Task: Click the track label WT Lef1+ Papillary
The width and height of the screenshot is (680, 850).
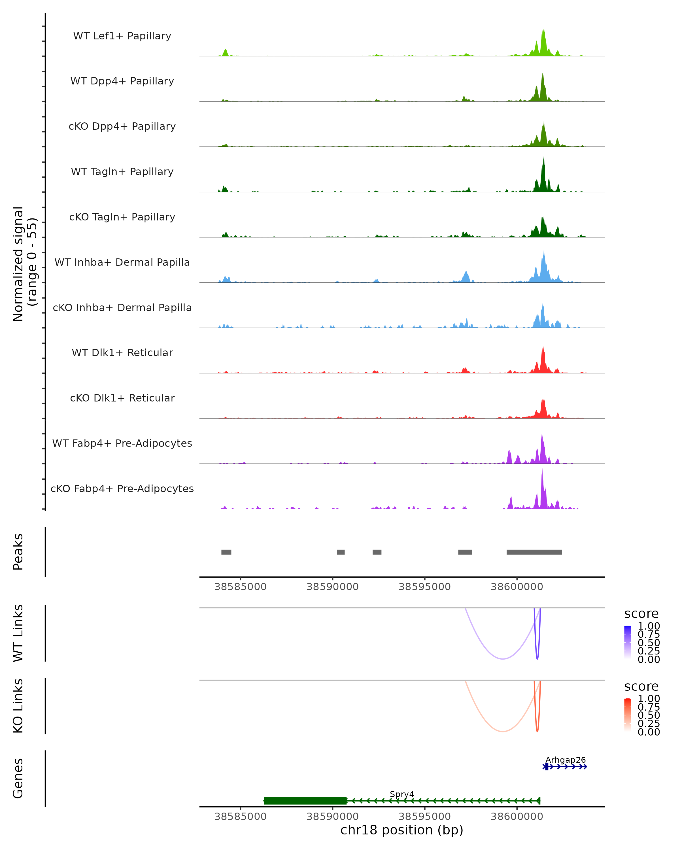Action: (122, 36)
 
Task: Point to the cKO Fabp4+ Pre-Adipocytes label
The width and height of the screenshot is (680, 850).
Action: (122, 488)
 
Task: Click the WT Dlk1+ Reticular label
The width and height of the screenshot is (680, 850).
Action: (122, 352)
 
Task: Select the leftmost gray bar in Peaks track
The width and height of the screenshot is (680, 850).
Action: (226, 552)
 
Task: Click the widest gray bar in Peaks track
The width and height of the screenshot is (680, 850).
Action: (534, 552)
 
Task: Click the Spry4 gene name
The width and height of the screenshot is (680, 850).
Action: (402, 794)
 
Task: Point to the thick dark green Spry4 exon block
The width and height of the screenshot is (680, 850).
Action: (305, 801)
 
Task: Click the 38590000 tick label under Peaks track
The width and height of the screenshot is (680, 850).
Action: (333, 587)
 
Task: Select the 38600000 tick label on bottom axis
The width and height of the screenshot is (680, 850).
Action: (517, 817)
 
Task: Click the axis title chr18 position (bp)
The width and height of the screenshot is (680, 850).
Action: (402, 830)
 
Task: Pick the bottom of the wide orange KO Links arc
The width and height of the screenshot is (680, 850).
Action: (503, 731)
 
